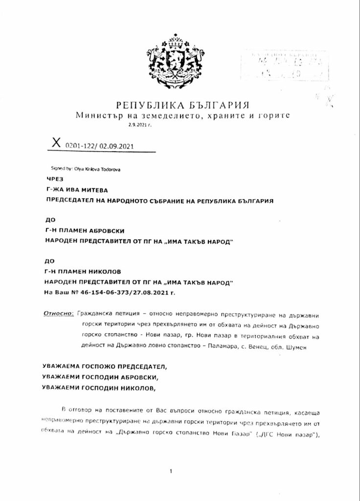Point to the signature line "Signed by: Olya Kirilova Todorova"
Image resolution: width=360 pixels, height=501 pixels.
pos(86,168)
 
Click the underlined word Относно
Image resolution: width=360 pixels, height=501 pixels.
pos(59,312)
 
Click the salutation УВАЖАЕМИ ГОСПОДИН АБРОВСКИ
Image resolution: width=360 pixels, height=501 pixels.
pos(103,375)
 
